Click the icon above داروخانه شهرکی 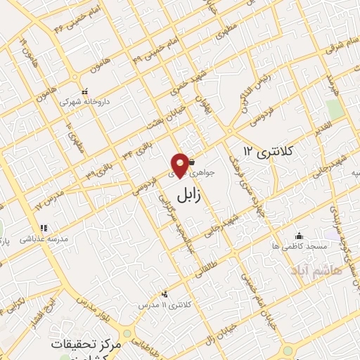click(x=84, y=91)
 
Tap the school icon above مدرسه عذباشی click(x=44, y=228)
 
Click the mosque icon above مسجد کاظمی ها click(x=300, y=236)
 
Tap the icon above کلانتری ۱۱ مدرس click(x=165, y=294)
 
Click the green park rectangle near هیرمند click(x=335, y=108)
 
